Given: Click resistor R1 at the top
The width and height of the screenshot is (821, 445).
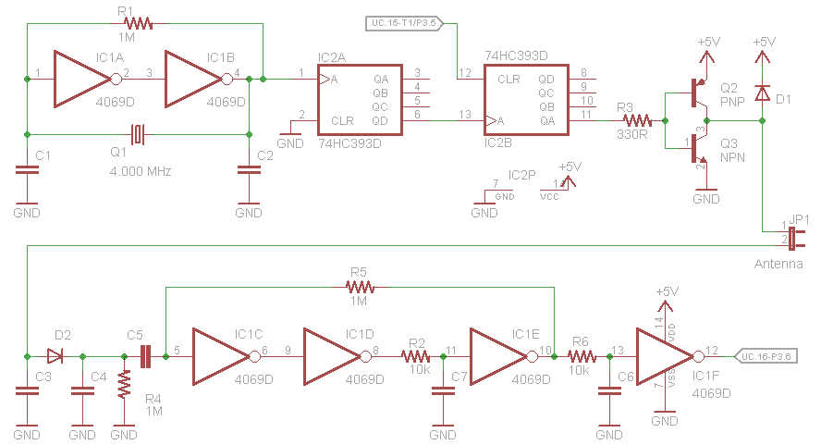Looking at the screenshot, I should [136, 23].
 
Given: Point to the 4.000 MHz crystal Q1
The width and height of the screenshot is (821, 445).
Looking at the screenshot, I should [138, 134].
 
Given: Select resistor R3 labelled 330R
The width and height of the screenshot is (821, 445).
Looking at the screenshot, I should [637, 120].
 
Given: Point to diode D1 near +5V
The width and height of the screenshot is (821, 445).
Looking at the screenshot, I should [762, 93].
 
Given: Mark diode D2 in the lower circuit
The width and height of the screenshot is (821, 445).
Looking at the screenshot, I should [56, 355].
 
